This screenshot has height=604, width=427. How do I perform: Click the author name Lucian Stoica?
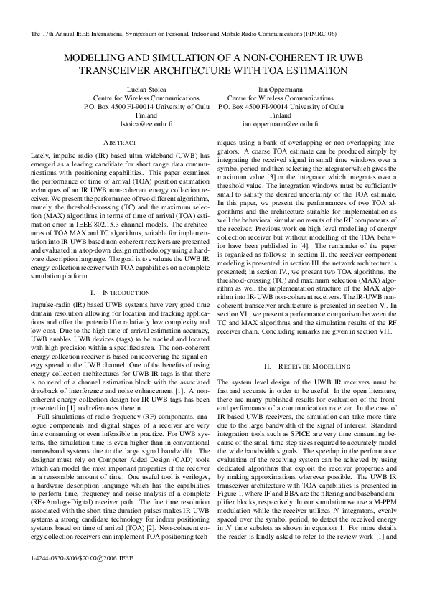pyautogui.click(x=126, y=89)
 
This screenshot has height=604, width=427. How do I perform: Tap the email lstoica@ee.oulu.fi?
pyautogui.click(x=126, y=123)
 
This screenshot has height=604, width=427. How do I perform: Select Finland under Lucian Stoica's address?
pyautogui.click(x=126, y=115)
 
